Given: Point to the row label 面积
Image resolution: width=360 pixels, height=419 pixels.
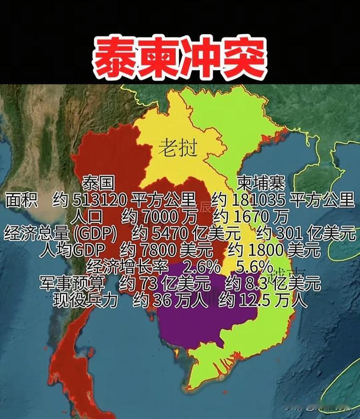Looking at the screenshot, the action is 21,200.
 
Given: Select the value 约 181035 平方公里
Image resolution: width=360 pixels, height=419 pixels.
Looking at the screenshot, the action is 283,200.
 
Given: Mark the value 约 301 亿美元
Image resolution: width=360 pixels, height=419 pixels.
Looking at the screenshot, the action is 306,234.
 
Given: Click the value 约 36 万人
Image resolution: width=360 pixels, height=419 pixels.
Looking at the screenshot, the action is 170,300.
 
